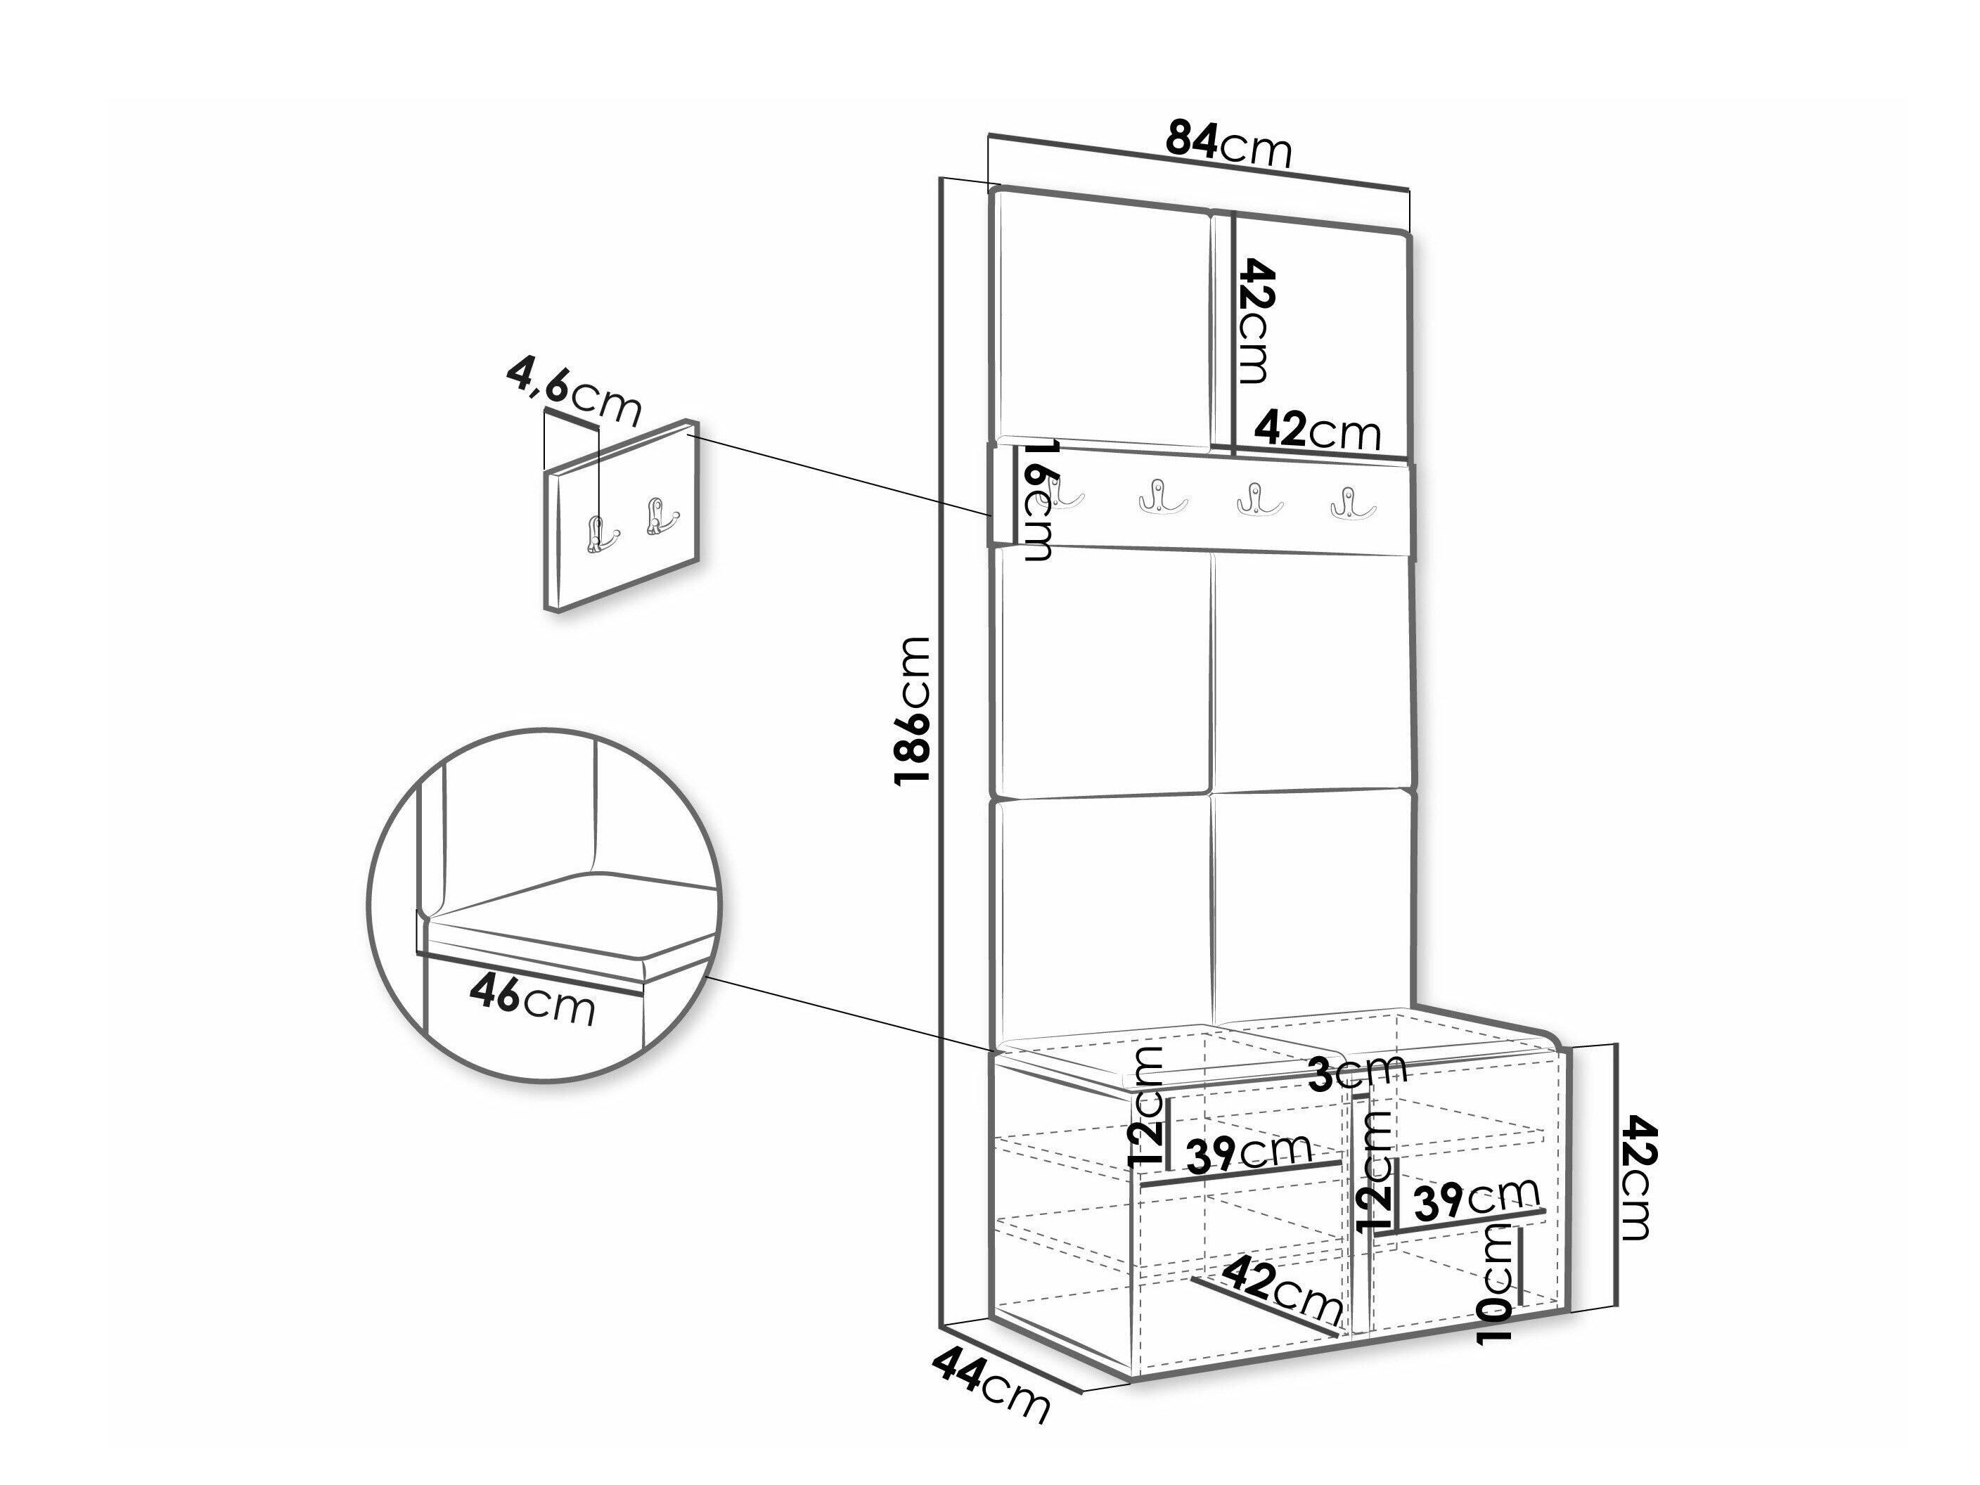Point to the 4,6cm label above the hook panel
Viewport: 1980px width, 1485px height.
click(x=574, y=390)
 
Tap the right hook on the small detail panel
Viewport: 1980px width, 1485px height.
click(x=661, y=517)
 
